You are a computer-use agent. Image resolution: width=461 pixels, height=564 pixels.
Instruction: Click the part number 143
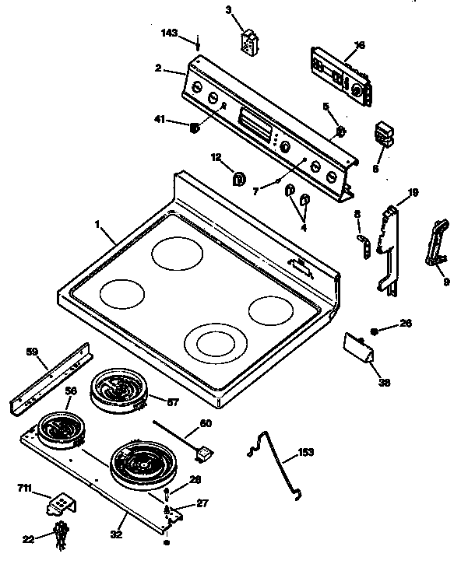(168, 33)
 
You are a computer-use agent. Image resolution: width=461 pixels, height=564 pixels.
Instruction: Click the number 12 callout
(216, 157)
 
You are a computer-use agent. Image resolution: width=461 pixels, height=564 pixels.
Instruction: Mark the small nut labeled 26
(375, 331)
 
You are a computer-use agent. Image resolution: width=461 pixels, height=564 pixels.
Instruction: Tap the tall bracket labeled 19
(389, 249)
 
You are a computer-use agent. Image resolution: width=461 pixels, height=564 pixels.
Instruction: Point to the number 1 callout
(98, 224)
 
